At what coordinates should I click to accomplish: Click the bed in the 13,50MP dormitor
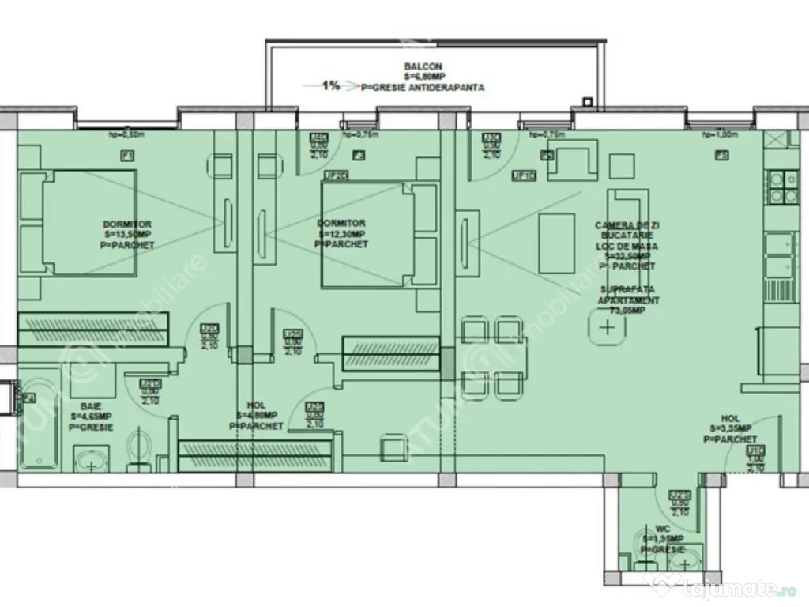(x=77, y=224)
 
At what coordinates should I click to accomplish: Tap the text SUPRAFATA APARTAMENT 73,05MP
(x=626, y=300)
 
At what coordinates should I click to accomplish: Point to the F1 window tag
(x=126, y=156)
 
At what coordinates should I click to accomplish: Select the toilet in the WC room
(x=650, y=554)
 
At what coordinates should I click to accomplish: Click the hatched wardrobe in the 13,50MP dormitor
(x=93, y=328)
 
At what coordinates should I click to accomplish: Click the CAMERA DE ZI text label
(x=627, y=226)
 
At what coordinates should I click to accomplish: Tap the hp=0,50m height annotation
(x=124, y=135)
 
